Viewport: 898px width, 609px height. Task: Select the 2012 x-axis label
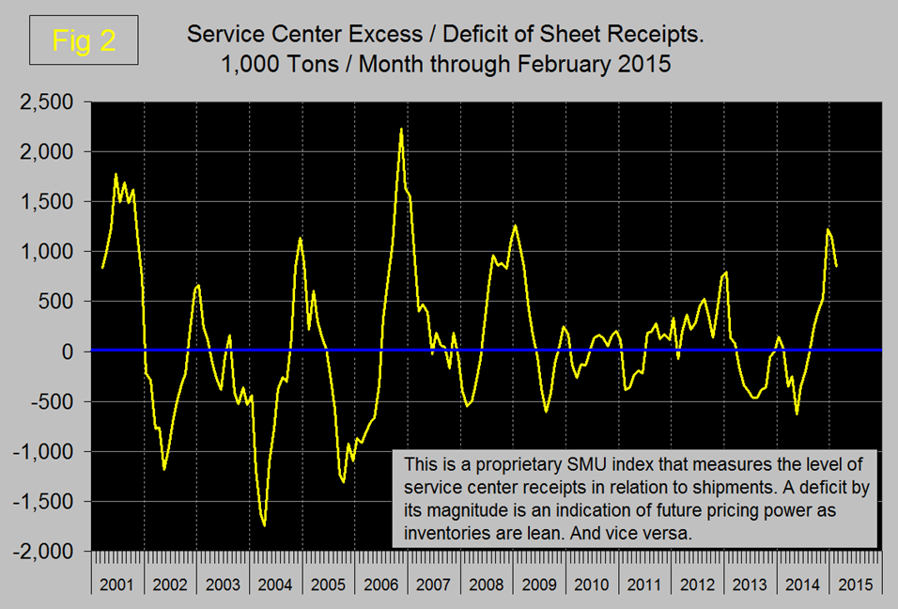[697, 585]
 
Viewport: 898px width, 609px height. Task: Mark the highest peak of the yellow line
[401, 129]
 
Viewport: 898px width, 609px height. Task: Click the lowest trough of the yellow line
[265, 525]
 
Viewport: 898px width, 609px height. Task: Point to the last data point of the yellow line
[836, 266]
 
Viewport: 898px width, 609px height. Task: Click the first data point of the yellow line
[101, 268]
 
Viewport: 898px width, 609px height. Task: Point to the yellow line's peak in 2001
[116, 174]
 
